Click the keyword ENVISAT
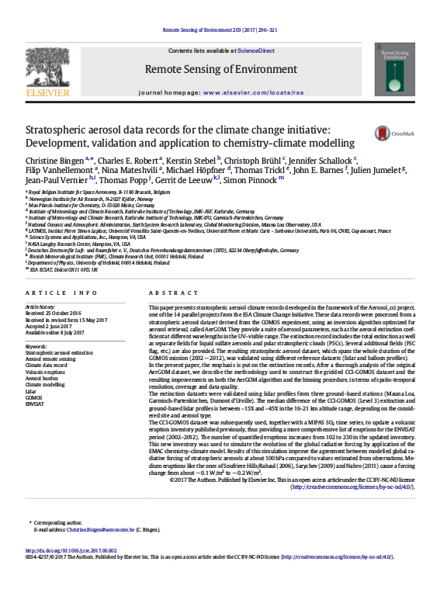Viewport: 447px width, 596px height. pyautogui.click(x=36, y=404)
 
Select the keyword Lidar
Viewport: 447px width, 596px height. pyautogui.click(x=31, y=390)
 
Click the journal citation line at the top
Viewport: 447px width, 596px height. pyautogui.click(x=223, y=30)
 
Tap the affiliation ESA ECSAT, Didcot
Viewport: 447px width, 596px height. pyautogui.click(x=63, y=269)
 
